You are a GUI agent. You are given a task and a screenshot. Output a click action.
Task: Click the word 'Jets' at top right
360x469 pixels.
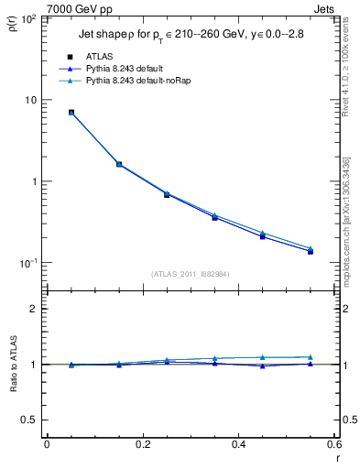tap(325, 7)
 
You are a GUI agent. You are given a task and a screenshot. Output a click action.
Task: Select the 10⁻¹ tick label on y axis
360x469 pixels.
tap(27, 263)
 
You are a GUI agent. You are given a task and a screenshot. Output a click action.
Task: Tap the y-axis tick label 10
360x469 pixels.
tap(29, 100)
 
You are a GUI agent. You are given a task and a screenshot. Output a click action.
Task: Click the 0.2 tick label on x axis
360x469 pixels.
tap(142, 444)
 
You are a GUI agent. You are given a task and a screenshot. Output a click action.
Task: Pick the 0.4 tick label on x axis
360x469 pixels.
tap(238, 444)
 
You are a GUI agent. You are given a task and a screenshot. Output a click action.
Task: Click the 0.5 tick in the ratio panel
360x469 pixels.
tap(28, 420)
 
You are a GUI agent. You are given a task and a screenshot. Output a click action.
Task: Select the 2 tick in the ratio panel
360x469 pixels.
tap(33, 309)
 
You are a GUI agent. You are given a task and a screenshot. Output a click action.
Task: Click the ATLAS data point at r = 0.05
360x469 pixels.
tap(71, 113)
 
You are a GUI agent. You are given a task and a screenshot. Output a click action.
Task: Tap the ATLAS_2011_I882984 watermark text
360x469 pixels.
tap(191, 273)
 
